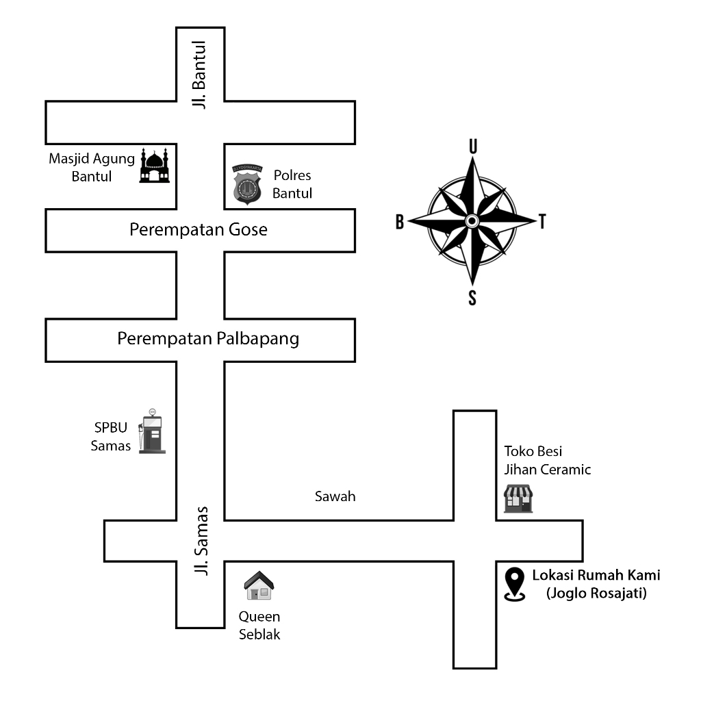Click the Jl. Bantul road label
click(x=199, y=76)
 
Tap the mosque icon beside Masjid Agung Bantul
click(x=154, y=166)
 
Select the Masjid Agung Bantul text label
click(x=92, y=168)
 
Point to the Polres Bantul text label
click(x=292, y=184)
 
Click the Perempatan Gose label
click(x=199, y=230)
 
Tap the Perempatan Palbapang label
click(x=208, y=339)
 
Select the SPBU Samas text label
click(x=110, y=437)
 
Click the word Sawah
click(x=335, y=497)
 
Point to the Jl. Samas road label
click(x=201, y=540)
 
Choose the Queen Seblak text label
click(x=259, y=626)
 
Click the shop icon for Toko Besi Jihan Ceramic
click(x=518, y=499)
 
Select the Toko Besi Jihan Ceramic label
click(x=547, y=460)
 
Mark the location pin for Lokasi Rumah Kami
click(x=514, y=585)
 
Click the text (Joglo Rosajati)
click(x=596, y=594)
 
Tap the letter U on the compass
click(x=472, y=146)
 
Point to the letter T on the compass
click(x=542, y=222)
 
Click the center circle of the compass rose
click(x=472, y=220)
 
